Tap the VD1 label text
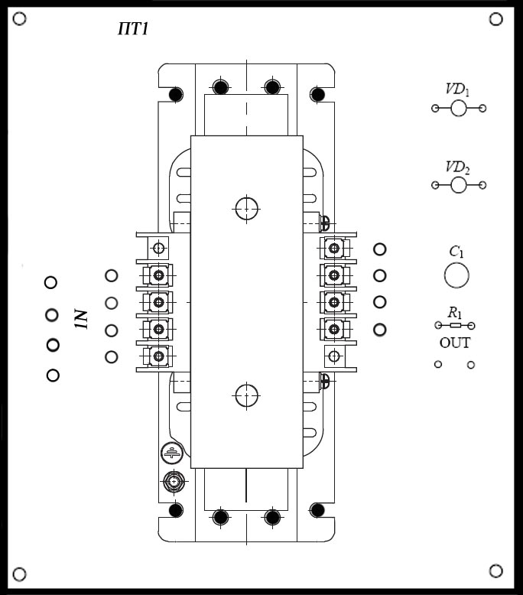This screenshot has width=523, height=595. click(457, 89)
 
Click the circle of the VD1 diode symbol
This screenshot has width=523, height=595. click(459, 109)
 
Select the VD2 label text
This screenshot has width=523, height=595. click(457, 167)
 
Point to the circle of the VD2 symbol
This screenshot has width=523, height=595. click(459, 185)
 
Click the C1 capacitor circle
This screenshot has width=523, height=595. click(456, 275)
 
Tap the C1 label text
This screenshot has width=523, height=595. click(456, 252)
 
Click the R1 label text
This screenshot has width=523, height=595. click(455, 312)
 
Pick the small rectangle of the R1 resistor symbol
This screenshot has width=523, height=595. click(455, 326)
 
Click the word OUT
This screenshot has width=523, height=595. click(455, 343)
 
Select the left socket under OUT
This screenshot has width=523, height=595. click(438, 365)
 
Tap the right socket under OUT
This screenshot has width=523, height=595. click(471, 365)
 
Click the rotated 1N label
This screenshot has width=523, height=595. click(82, 319)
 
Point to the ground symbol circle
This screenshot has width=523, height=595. click(173, 454)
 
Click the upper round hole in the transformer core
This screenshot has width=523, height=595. click(246, 207)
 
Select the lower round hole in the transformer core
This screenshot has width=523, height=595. click(246, 395)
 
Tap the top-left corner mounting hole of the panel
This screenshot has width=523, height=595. click(21, 18)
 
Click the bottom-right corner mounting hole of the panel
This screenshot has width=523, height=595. click(495, 571)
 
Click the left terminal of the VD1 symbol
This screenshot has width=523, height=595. click(435, 109)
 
